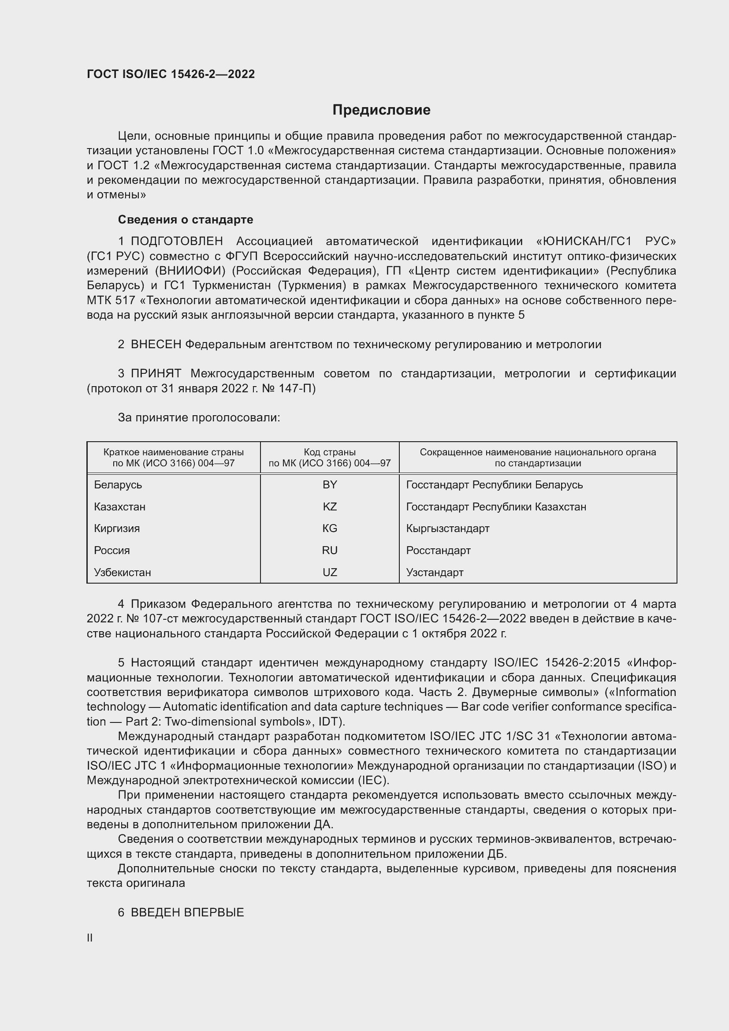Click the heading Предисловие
381,110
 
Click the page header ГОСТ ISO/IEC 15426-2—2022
171,74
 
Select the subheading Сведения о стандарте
186,220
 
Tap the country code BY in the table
330,484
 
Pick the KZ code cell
330,506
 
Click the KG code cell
330,528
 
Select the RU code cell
330,550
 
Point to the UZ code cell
330,572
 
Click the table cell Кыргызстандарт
447,528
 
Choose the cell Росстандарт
438,550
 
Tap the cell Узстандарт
435,572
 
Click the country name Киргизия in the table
117,528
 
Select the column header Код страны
330,452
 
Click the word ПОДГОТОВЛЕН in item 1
177,241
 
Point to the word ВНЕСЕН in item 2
156,344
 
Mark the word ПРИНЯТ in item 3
156,373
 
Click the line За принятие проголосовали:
199,417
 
